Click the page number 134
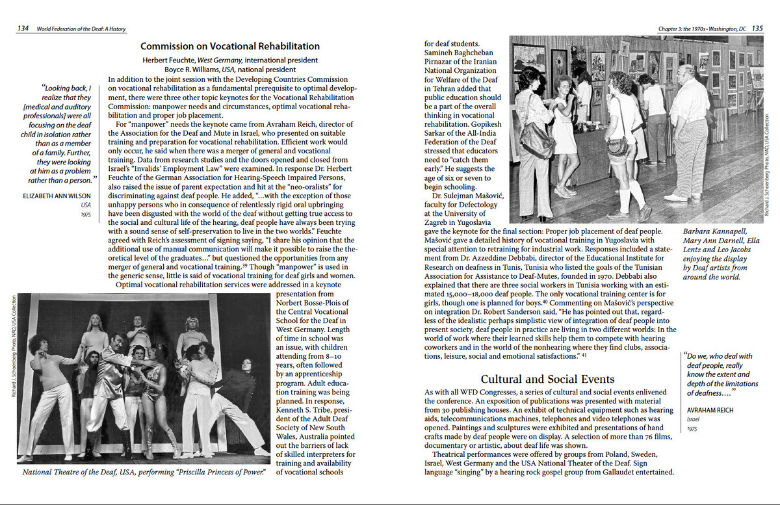(x=22, y=29)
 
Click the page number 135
(x=757, y=29)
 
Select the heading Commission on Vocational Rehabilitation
(x=230, y=46)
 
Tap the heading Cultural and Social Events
(x=547, y=379)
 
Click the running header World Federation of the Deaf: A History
(x=81, y=29)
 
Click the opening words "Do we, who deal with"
(x=720, y=356)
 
